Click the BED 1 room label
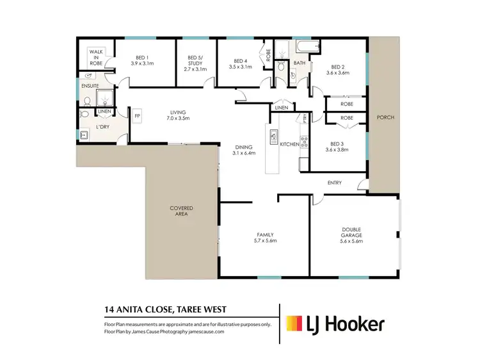(143, 60)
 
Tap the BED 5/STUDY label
(195, 63)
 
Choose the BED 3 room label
(339, 146)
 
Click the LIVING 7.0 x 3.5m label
(178, 115)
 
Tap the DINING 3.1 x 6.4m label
(243, 150)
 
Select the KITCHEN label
(289, 145)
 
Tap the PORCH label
(385, 118)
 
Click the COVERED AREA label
(181, 211)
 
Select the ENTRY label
(334, 183)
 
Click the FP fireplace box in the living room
(137, 115)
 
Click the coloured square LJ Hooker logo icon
(295, 324)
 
